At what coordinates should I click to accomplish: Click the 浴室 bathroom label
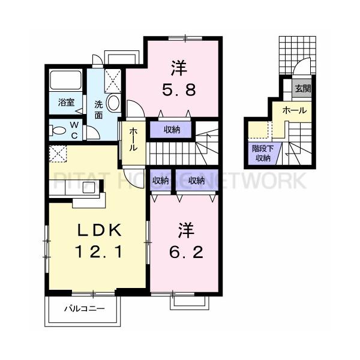click(x=66, y=103)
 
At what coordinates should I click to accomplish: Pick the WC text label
click(x=75, y=129)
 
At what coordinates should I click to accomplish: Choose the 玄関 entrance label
click(x=302, y=89)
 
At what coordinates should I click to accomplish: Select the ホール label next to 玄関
click(x=294, y=110)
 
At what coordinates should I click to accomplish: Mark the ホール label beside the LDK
click(x=133, y=141)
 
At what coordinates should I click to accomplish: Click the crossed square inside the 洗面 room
click(x=112, y=78)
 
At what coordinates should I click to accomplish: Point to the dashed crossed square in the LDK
click(x=58, y=154)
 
